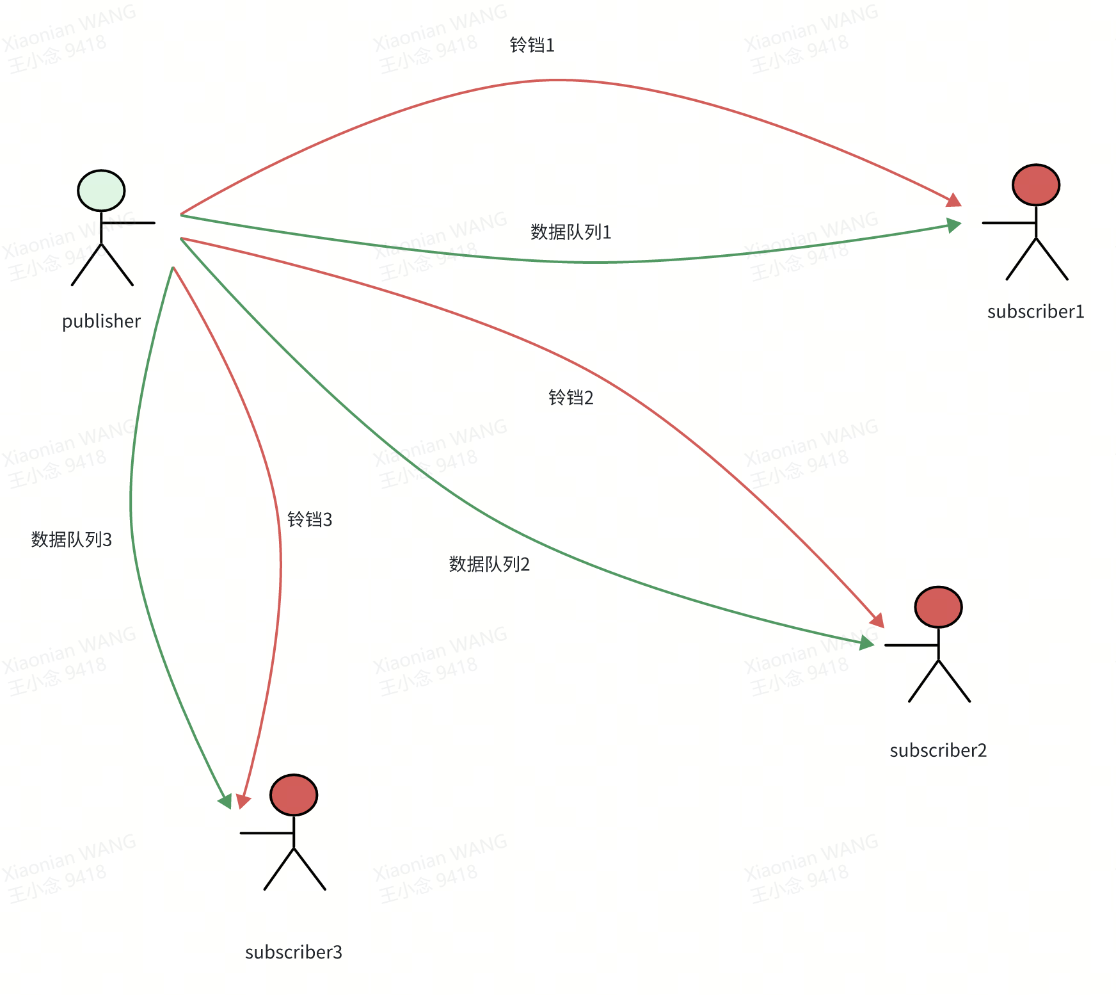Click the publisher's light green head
[x=101, y=191]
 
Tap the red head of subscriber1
[x=1035, y=185]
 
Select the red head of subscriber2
[x=938, y=607]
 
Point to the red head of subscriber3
[x=294, y=795]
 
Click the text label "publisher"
[x=101, y=321]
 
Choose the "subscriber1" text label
[x=1035, y=312]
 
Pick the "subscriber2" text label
[x=938, y=750]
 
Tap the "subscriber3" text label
[x=294, y=953]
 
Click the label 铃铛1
[x=532, y=45]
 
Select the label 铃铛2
[x=571, y=398]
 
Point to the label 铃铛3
[x=310, y=519]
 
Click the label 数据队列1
[x=571, y=232]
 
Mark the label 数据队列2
[x=490, y=564]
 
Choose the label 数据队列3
[x=72, y=540]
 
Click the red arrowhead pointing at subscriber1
[x=953, y=200]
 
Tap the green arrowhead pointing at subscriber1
[x=953, y=225]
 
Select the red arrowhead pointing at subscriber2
[x=877, y=620]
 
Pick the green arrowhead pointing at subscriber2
[x=867, y=643]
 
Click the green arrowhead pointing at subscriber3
[x=225, y=801]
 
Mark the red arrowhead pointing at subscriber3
[x=243, y=801]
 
